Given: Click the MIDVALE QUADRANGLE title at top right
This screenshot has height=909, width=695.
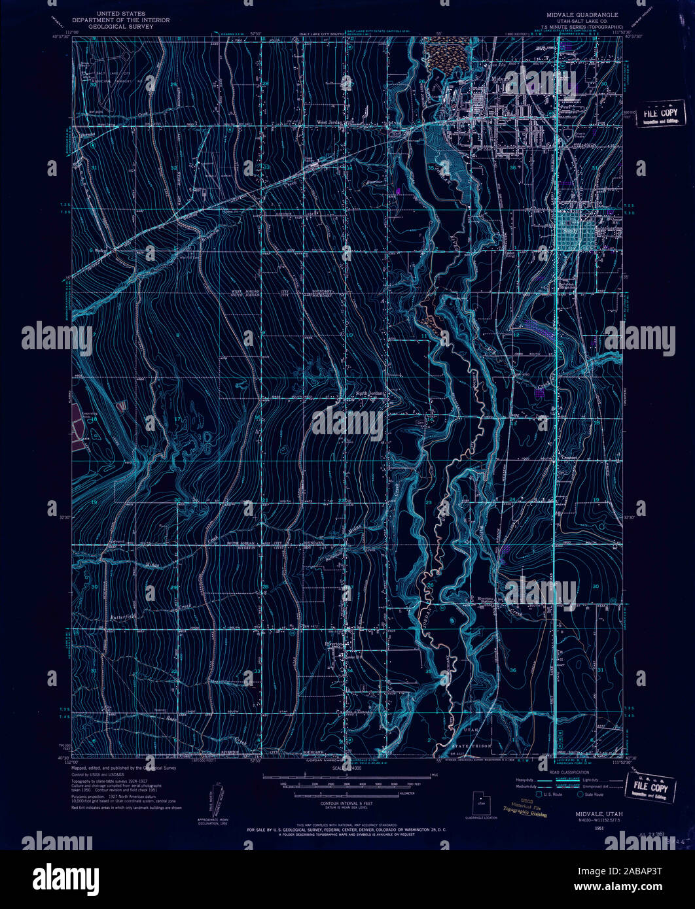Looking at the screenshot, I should click(579, 14).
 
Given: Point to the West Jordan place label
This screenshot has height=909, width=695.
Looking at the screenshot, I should click(332, 121).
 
